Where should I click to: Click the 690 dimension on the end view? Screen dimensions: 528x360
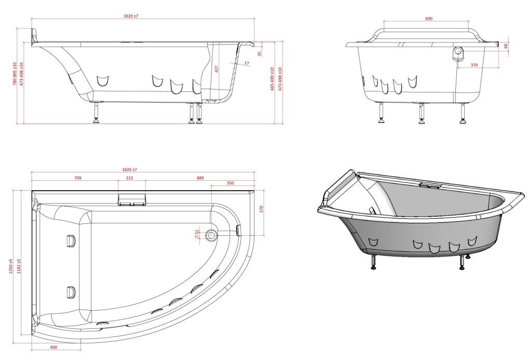point(429,19)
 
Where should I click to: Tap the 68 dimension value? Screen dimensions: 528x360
point(506,46)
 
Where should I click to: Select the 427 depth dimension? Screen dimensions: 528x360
point(217,69)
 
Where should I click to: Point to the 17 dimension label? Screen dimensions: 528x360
point(247,63)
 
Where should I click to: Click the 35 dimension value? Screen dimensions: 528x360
point(259,54)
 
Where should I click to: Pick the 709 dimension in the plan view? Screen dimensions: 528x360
point(77,178)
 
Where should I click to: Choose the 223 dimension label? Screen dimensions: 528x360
point(129,178)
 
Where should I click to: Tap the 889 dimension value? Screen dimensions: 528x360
point(200,178)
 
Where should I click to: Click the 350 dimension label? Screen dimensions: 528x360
point(231,183)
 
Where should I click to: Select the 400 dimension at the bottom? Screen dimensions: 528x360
point(53,347)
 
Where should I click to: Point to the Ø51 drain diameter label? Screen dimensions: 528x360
point(196,235)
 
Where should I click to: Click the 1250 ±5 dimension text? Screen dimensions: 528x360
point(11,265)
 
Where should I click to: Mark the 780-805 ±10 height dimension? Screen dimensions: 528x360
point(15,73)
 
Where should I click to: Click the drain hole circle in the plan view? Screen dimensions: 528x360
point(211,235)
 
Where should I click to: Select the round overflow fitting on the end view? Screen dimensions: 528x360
point(458,52)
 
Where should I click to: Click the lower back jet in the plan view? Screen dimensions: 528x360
point(71,292)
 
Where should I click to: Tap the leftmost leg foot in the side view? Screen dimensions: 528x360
point(97,119)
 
